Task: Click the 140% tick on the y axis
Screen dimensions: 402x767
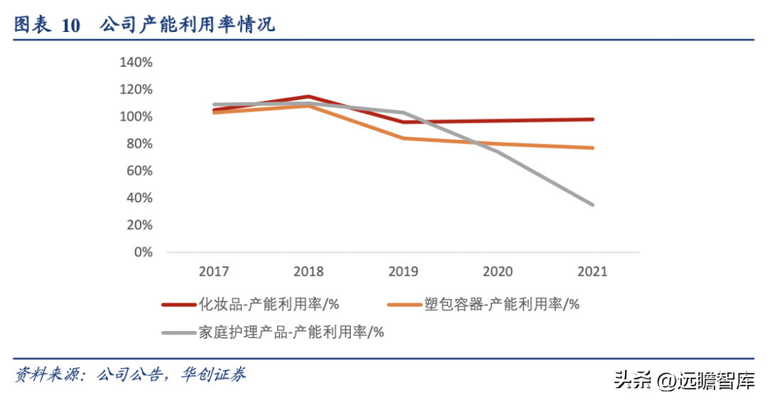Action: tap(136, 63)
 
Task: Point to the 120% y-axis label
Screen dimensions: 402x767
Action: tap(136, 89)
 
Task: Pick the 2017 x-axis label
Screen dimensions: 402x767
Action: tap(214, 271)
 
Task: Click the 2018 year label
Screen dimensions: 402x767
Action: tap(308, 271)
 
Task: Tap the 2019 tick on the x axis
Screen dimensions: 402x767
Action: tap(403, 271)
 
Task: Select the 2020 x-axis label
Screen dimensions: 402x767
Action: tap(498, 271)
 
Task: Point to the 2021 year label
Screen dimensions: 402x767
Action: tap(593, 271)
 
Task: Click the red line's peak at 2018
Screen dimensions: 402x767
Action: tap(308, 97)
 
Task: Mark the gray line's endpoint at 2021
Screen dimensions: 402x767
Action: tap(593, 205)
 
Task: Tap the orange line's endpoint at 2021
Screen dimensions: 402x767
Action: tap(593, 148)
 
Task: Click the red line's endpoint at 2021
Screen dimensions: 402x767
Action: tap(593, 119)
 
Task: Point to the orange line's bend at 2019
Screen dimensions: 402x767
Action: tap(403, 138)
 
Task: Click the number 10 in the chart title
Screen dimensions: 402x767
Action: tap(71, 26)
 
